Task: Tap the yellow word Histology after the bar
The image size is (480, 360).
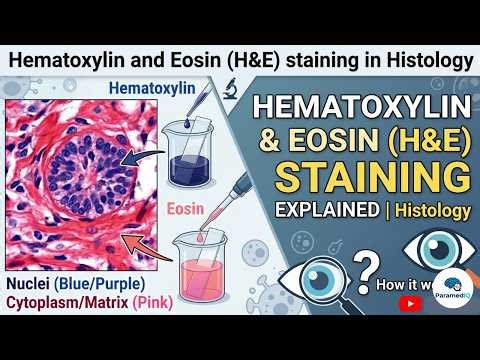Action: [x=432, y=213]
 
